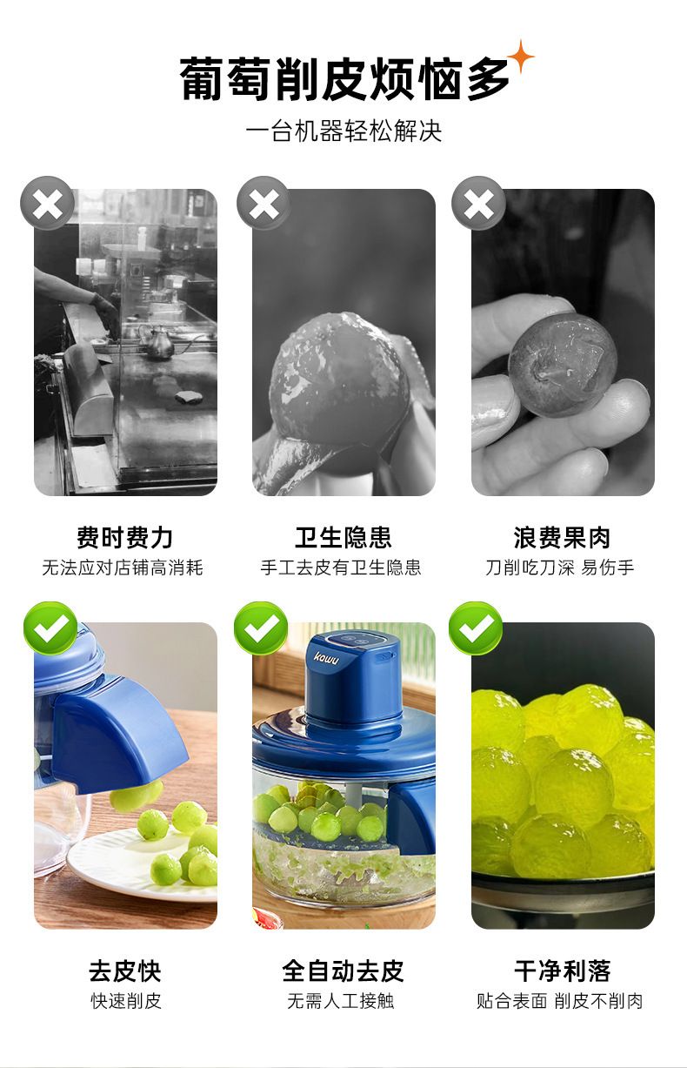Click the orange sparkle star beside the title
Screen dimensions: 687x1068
[x=520, y=57]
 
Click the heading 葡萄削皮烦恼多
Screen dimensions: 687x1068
[x=344, y=79]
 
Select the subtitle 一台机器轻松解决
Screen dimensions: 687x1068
[x=344, y=131]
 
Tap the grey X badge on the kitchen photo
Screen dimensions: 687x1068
[x=47, y=203]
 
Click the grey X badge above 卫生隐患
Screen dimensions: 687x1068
[x=263, y=203]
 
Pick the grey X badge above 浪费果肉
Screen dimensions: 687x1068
[x=478, y=203]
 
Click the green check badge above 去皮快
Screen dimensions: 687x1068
[x=50, y=628]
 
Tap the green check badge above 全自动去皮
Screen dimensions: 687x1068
[x=261, y=628]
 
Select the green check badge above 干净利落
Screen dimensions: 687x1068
[x=476, y=628]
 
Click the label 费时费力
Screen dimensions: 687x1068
[x=125, y=537]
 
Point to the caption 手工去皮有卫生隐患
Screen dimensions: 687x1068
[x=341, y=568]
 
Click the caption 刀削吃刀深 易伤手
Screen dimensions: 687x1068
[x=560, y=568]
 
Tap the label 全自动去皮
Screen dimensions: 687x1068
[x=343, y=971]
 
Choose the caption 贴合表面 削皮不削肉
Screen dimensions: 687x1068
[x=560, y=1001]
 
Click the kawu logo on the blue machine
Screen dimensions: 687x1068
[x=327, y=658]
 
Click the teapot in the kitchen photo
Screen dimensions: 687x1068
[x=157, y=340]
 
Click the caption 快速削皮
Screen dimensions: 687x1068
[x=126, y=1001]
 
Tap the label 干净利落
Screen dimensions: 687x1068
[x=563, y=971]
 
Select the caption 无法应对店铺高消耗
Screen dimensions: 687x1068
[x=123, y=568]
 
